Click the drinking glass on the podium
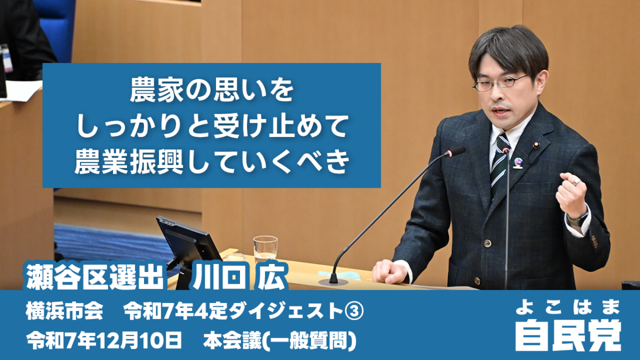(x=265, y=249)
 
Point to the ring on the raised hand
(x=577, y=181)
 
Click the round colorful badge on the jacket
(x=518, y=163)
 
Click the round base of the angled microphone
(x=333, y=282)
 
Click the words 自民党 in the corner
(x=568, y=336)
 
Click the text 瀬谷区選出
(x=95, y=277)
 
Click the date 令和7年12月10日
(x=104, y=341)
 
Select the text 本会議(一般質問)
(x=279, y=341)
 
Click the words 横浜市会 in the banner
(x=65, y=312)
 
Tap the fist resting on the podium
(x=389, y=271)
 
